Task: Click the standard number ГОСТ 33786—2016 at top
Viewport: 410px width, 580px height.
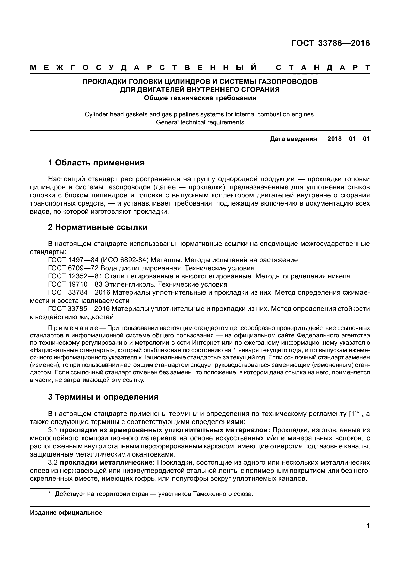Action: coord(330,43)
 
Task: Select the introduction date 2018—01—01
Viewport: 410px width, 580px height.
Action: coord(349,139)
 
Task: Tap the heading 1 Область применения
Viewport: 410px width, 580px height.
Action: coord(96,163)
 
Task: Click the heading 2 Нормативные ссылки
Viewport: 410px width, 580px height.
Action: coord(98,227)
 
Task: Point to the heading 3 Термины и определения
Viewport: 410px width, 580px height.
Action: coord(103,397)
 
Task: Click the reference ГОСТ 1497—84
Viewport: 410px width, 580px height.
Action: coord(70,260)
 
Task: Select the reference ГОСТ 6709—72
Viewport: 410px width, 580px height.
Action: coord(70,268)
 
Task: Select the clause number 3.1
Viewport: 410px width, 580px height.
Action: coord(53,430)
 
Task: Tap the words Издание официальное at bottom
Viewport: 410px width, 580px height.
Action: coord(66,513)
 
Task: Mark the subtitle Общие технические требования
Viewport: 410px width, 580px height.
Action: coord(200,98)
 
